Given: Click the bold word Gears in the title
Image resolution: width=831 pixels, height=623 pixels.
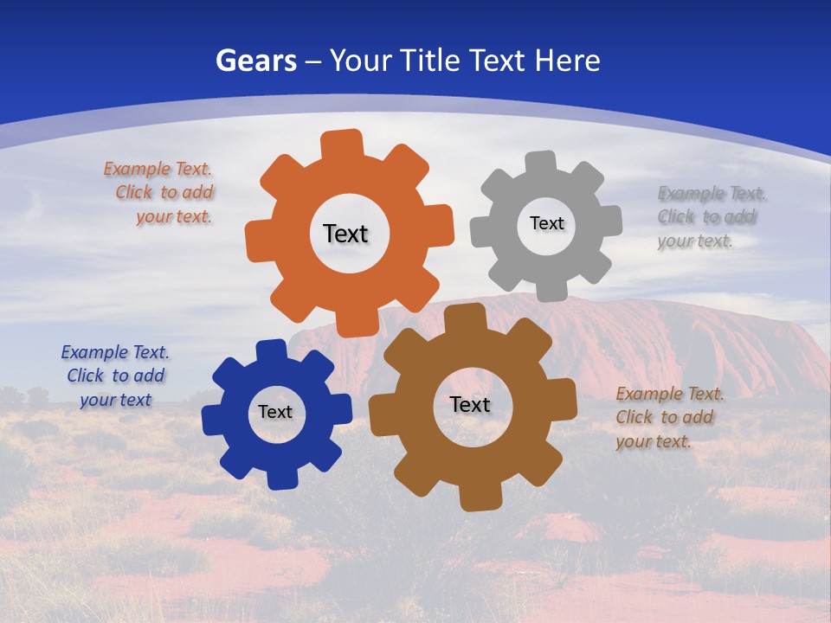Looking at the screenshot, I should click(x=256, y=61).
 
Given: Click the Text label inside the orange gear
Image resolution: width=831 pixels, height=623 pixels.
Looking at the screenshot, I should click(x=345, y=234).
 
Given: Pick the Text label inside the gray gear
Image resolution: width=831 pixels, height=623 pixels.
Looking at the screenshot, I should click(x=546, y=223).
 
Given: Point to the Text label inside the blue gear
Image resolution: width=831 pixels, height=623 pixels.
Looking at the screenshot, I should click(x=275, y=412).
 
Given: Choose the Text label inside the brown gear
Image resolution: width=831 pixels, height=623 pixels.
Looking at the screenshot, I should click(x=470, y=404).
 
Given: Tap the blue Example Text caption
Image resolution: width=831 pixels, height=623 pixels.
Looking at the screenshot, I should click(x=115, y=376).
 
